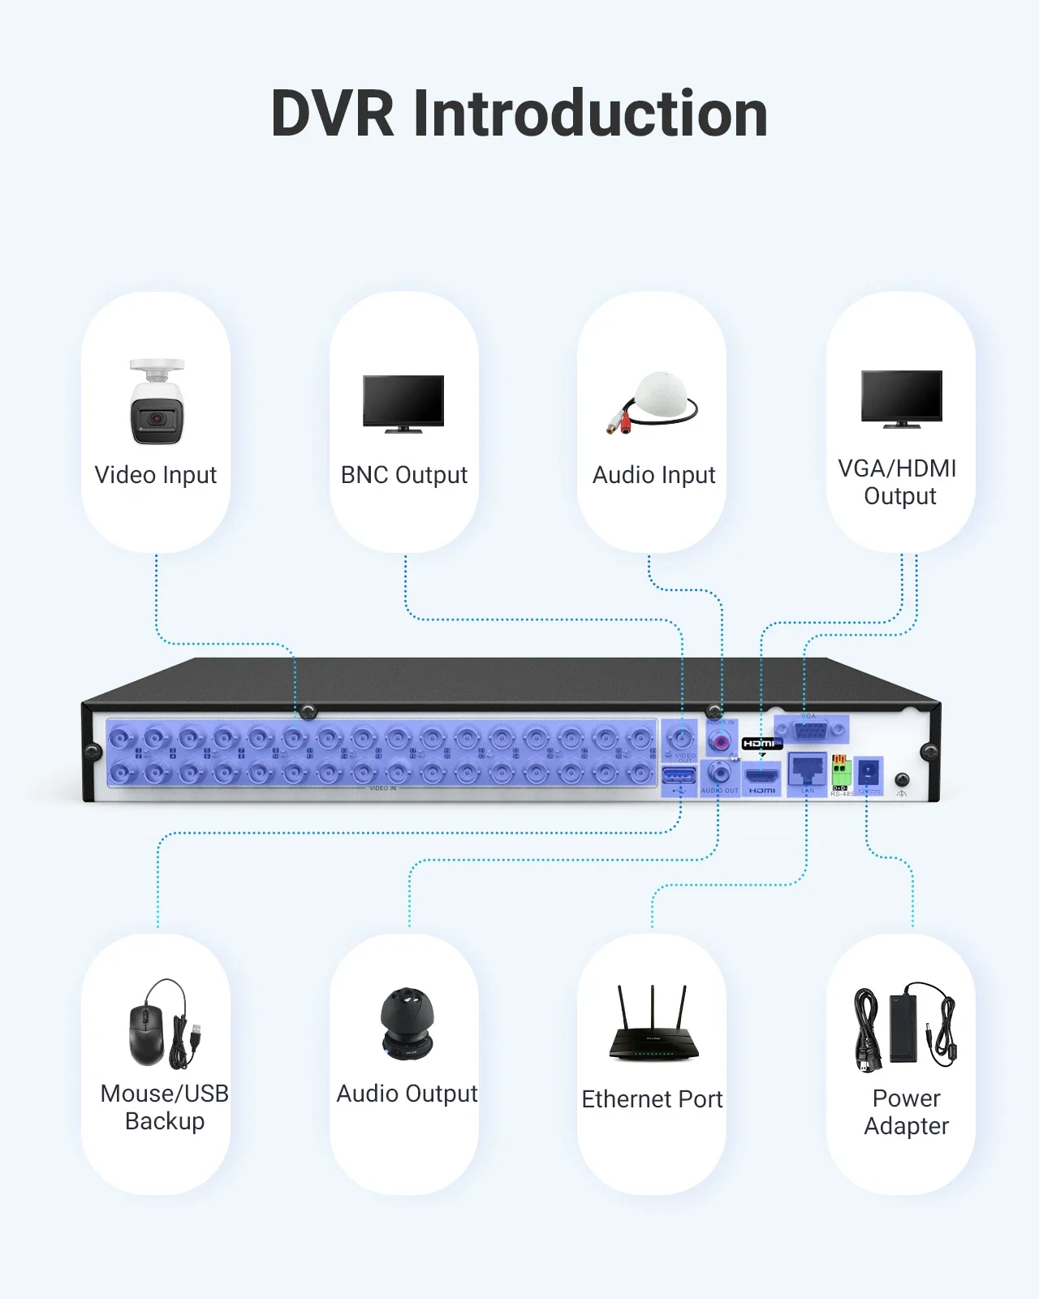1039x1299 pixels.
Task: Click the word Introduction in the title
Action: pyautogui.click(x=590, y=114)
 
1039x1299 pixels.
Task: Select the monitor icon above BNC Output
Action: pyautogui.click(x=403, y=403)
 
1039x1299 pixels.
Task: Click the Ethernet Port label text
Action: pyautogui.click(x=652, y=1099)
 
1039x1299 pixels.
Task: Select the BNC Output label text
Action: pyautogui.click(x=403, y=475)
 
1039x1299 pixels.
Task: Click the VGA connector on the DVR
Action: pyautogui.click(x=809, y=731)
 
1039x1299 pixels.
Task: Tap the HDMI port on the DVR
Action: pyautogui.click(x=761, y=775)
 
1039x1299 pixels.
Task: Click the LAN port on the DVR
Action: pyautogui.click(x=807, y=768)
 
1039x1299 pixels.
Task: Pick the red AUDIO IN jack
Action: pyautogui.click(x=719, y=740)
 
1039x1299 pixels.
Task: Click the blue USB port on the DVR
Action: pyautogui.click(x=679, y=777)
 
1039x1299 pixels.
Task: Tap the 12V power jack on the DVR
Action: pyautogui.click(x=869, y=770)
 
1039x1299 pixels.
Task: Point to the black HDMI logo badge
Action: pyautogui.click(x=761, y=744)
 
